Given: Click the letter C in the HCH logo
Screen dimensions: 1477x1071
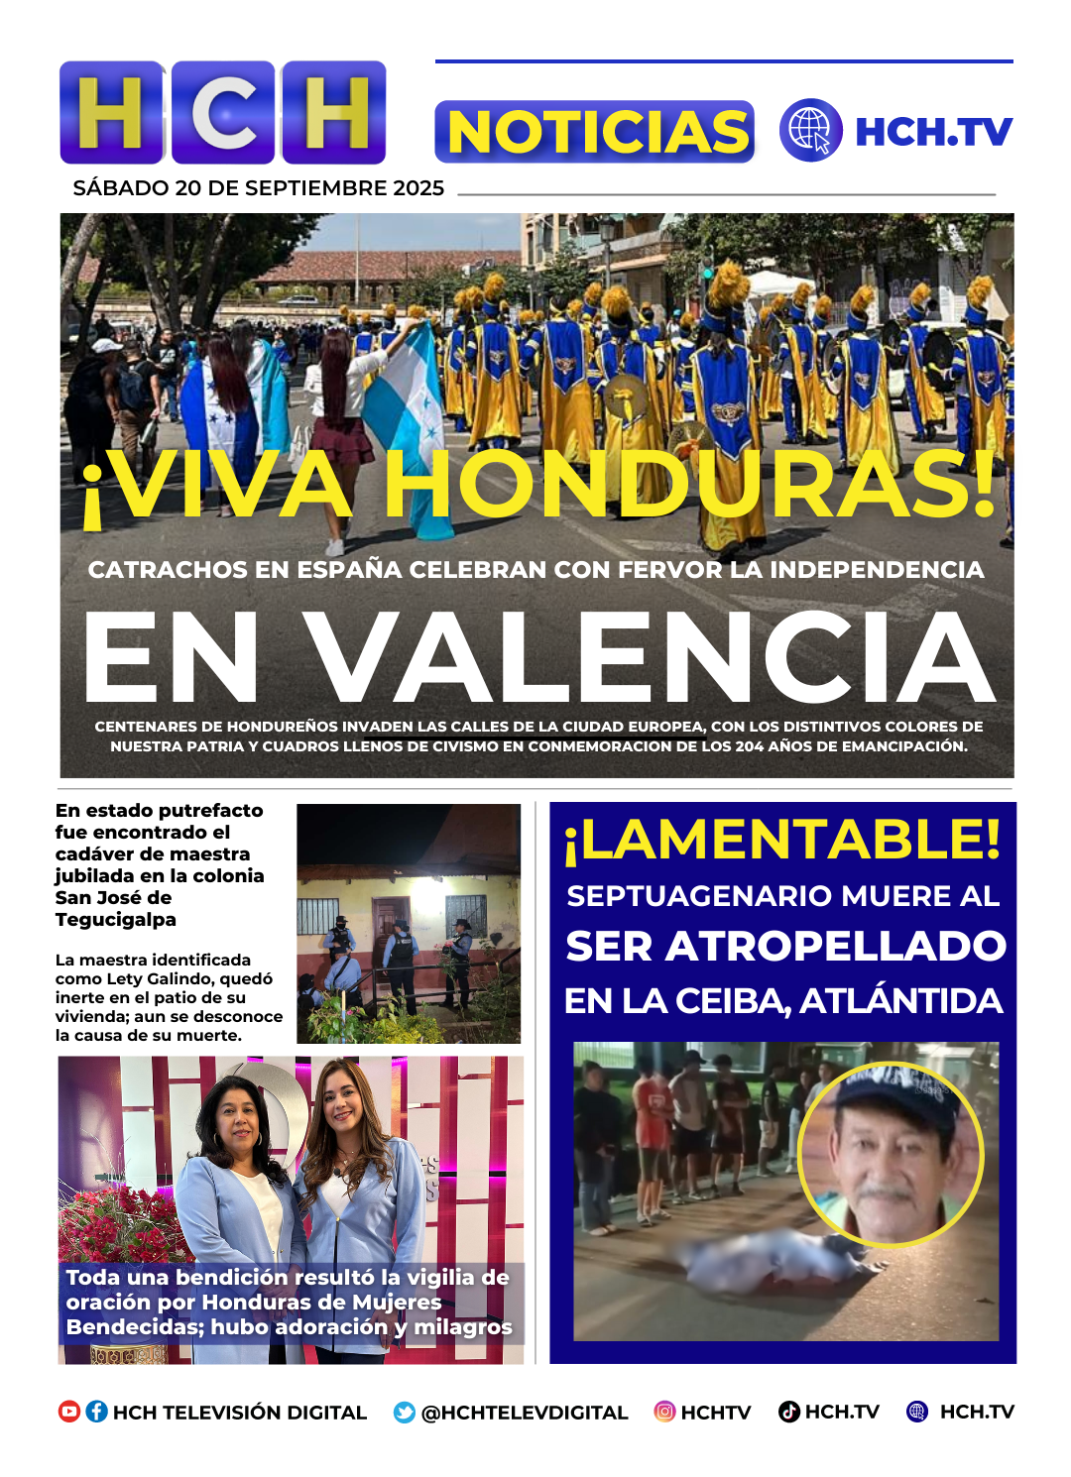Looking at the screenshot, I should click(224, 113).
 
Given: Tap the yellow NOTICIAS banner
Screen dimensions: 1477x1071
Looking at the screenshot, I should click(595, 132).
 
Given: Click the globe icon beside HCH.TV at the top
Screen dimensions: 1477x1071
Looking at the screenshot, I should click(810, 130).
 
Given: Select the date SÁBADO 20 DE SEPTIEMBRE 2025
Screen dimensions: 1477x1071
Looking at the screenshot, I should click(258, 188).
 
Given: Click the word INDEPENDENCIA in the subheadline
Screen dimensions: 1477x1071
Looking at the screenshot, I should click(877, 570).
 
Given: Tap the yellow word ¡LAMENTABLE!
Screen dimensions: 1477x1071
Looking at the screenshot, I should click(782, 840).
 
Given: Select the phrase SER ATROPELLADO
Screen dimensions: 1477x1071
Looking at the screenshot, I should click(785, 946).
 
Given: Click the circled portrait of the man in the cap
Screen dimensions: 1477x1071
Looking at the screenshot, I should click(890, 1154).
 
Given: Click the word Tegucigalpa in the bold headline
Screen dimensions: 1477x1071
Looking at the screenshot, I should click(116, 919).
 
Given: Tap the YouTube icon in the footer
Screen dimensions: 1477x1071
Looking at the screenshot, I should click(69, 1412).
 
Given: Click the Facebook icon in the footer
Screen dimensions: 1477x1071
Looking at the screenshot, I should click(96, 1412).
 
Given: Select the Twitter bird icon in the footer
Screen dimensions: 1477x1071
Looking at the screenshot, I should click(405, 1413).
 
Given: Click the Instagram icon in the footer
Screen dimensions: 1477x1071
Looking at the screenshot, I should click(664, 1412).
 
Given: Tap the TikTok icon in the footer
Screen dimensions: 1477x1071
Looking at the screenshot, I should click(789, 1412).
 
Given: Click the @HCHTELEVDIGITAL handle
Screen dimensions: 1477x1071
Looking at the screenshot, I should click(525, 1413).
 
